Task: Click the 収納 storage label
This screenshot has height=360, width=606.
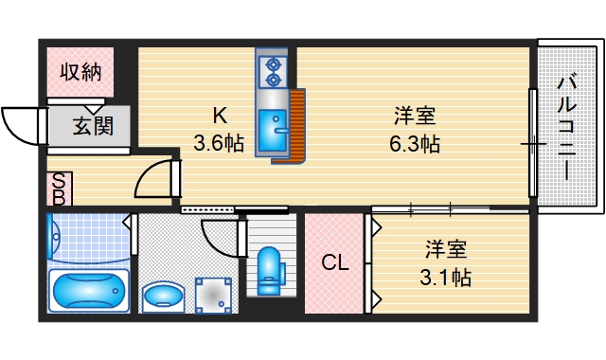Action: point(80,71)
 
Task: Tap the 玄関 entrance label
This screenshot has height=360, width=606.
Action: point(93,124)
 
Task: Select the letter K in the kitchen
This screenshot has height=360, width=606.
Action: point(219,117)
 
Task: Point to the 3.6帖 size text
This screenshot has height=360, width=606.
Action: point(219,145)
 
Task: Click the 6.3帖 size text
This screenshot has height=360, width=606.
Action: point(415,145)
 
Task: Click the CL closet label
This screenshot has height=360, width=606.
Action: point(333,263)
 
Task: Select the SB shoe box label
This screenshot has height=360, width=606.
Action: point(59,189)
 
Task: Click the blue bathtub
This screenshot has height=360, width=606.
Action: point(87,290)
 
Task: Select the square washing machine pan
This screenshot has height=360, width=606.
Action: point(212,295)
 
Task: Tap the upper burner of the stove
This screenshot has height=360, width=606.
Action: point(275,64)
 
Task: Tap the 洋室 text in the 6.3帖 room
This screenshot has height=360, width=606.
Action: point(415,117)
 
